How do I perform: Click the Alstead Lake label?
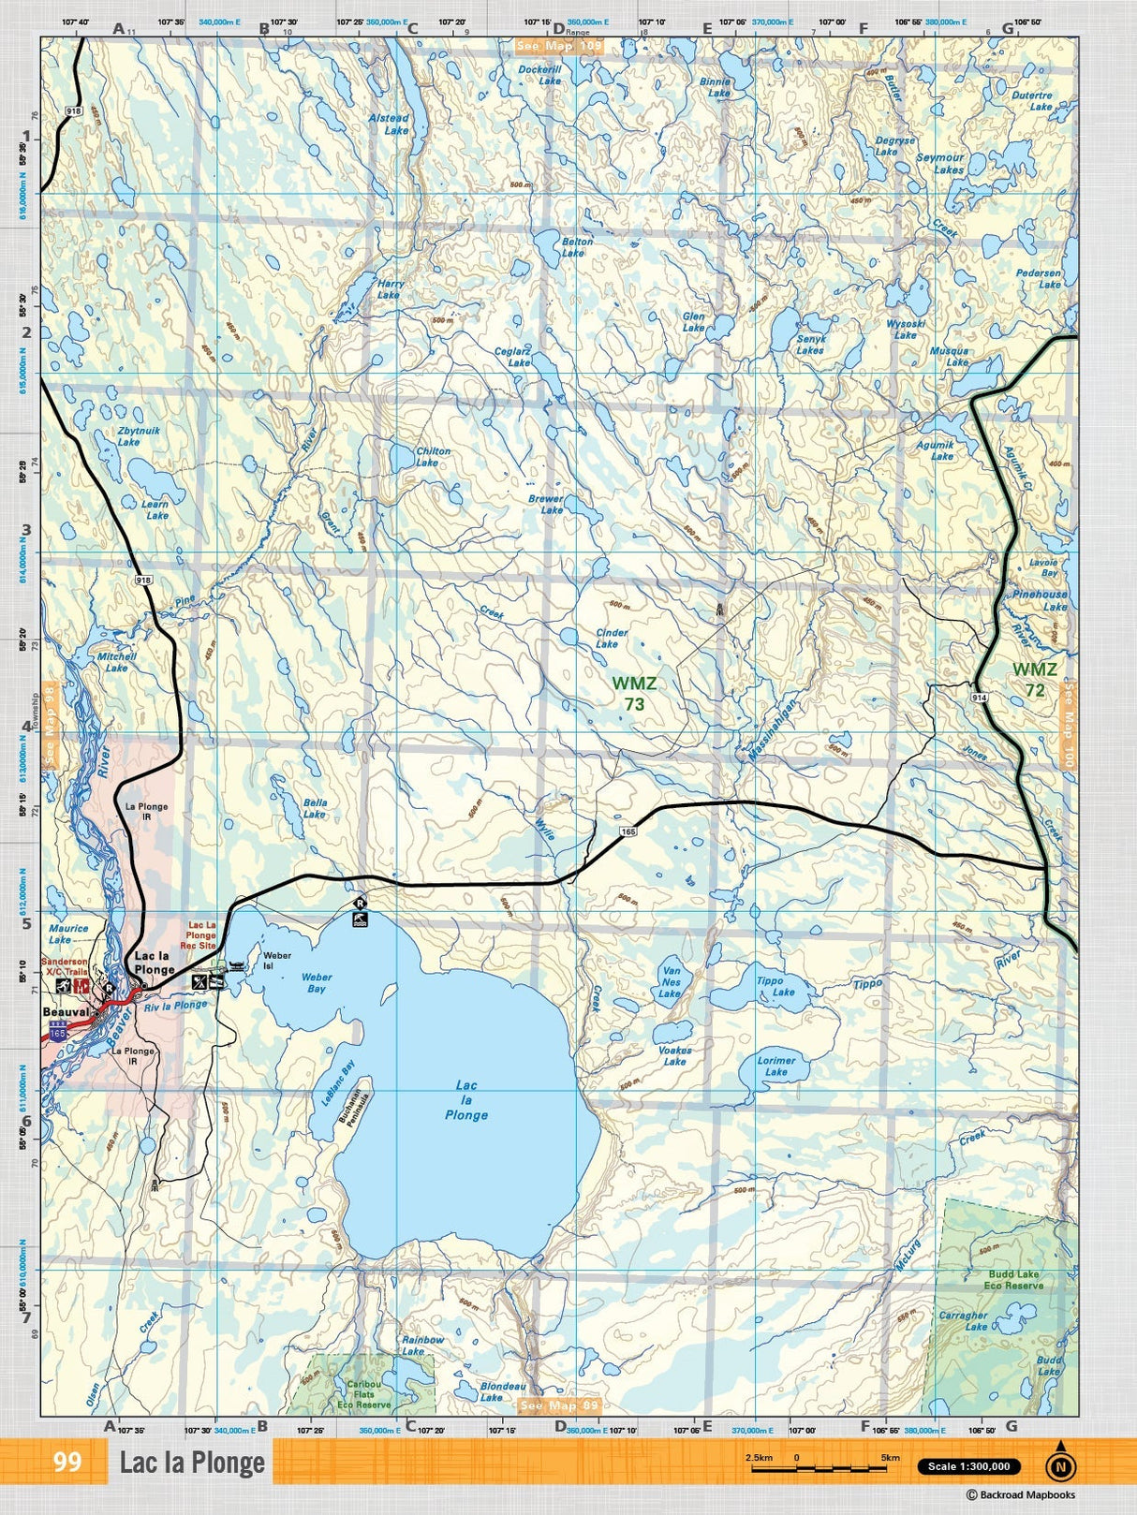[389, 125]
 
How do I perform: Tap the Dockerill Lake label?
[539, 75]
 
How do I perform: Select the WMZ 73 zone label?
[634, 694]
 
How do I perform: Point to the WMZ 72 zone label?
[1034, 680]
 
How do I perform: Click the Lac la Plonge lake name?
[465, 1100]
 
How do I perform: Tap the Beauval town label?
[66, 1012]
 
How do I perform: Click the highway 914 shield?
[979, 699]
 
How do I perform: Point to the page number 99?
[67, 1462]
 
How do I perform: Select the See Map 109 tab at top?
[559, 46]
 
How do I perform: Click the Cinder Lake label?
[612, 638]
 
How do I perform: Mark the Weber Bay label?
[317, 983]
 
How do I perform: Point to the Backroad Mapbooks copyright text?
[1020, 1495]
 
